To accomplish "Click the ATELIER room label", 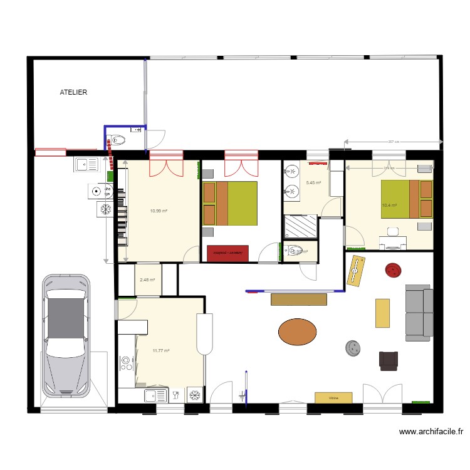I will point(73,92).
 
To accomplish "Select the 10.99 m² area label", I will point(159,211).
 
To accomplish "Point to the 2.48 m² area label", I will point(147,280).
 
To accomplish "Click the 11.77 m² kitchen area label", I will point(161,351).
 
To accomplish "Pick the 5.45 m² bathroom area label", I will point(313,183).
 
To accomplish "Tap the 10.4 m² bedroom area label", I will point(389,205).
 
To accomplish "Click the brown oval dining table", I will point(297,332).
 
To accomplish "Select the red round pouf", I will point(394,270).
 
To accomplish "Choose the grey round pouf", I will point(353,347).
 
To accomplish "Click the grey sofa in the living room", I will point(419,312).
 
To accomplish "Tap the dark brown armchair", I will point(389,360).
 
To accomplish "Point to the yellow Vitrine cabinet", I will point(333,397).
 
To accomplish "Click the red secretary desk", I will point(227,253).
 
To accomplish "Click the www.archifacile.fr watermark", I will point(431,431).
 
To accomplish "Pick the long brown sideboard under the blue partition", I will point(299,300).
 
